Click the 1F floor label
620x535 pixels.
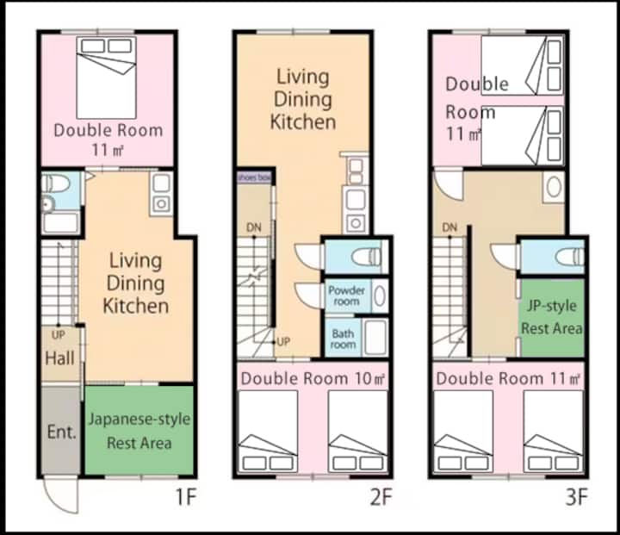[x=186, y=497]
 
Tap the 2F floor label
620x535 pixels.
[x=381, y=497]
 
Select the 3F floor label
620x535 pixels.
[x=576, y=497]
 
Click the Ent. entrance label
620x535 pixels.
[x=61, y=432]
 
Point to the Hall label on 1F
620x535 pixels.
[x=59, y=358]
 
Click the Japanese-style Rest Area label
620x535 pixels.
[x=139, y=431]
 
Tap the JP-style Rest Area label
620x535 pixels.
[x=552, y=317]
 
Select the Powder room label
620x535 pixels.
[x=346, y=295]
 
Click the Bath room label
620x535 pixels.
[x=343, y=339]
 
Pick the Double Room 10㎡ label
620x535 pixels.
[x=313, y=379]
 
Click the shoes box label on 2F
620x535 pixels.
[x=254, y=177]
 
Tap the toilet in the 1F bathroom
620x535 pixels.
[x=56, y=184]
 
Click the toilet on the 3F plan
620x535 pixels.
[x=569, y=258]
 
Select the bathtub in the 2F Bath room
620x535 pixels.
[x=375, y=338]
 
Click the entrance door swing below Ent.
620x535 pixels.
[x=60, y=495]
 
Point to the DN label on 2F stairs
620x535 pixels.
[x=254, y=227]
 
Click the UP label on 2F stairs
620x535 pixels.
[x=283, y=341]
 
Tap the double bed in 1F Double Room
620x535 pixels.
[x=107, y=78]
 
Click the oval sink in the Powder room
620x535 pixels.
[x=380, y=295]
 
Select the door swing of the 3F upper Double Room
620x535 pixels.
[x=448, y=185]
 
